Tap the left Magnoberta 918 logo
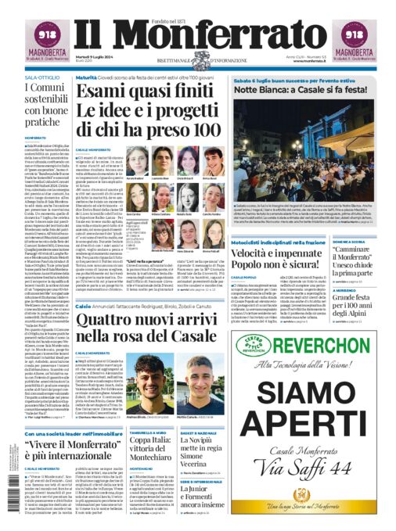[32, 38]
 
